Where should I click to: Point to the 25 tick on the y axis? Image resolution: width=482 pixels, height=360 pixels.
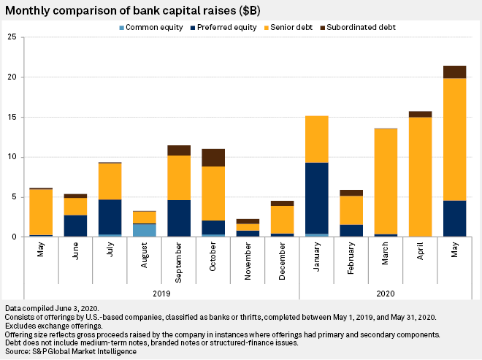pos(12,37)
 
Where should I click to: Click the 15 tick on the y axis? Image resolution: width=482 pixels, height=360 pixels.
pos(12,117)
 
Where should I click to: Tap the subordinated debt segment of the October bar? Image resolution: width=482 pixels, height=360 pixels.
pos(213,158)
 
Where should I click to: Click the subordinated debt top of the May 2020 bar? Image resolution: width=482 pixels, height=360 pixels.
pos(454,72)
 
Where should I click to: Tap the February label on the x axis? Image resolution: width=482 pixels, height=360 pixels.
pos(351,260)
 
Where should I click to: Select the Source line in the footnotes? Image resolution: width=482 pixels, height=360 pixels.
pos(70,351)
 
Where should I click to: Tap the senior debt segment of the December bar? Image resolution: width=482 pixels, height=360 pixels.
pos(282,220)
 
